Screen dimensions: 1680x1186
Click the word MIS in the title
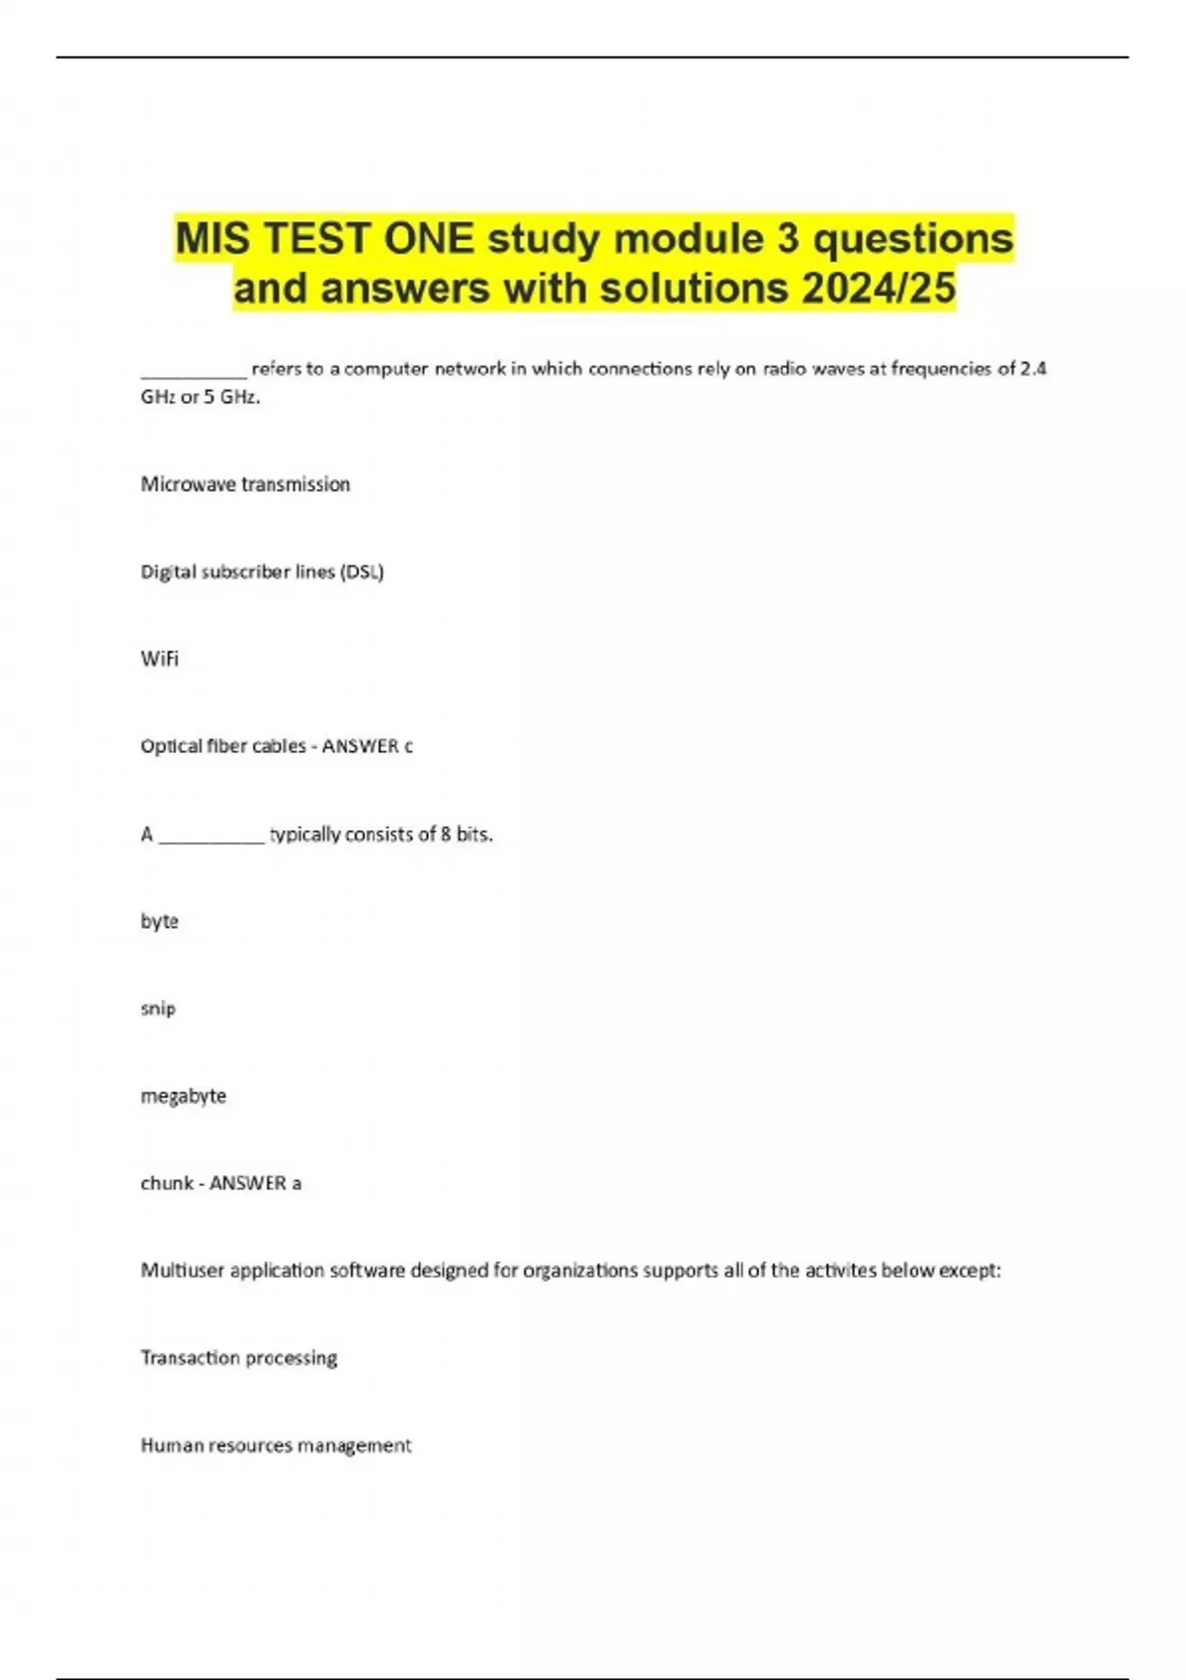click(x=212, y=239)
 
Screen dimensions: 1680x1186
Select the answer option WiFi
click(x=160, y=659)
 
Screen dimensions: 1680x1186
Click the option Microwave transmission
click(x=245, y=484)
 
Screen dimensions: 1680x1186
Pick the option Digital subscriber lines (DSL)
click(x=262, y=572)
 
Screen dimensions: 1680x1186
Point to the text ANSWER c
click(x=368, y=747)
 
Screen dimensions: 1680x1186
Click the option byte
click(x=159, y=922)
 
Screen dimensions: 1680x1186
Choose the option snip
click(x=158, y=1009)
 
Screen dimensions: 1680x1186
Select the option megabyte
click(x=183, y=1096)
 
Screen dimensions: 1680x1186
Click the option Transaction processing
click(x=238, y=1358)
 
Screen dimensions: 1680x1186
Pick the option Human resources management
click(x=276, y=1446)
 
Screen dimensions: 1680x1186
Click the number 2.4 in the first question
click(x=1033, y=369)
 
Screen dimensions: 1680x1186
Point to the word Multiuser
click(x=182, y=1271)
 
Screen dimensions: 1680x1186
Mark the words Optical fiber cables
click(x=223, y=747)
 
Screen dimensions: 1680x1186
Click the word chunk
click(x=167, y=1183)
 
